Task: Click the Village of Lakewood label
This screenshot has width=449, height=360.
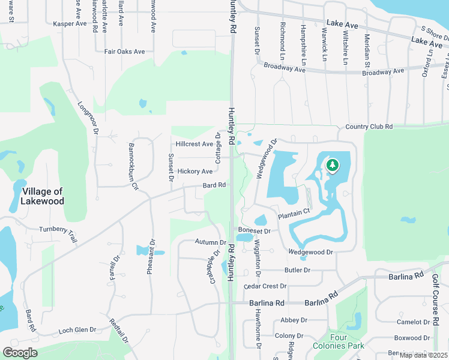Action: (x=43, y=196)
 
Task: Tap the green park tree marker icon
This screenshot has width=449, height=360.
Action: (x=331, y=164)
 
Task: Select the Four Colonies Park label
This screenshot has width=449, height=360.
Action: (x=339, y=341)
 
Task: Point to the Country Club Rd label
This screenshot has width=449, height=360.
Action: (x=369, y=127)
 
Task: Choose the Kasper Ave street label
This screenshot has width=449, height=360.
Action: (x=70, y=24)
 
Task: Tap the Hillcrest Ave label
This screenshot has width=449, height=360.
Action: (x=194, y=145)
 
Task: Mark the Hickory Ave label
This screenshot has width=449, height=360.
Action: (x=195, y=172)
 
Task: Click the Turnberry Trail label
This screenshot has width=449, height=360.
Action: (x=58, y=233)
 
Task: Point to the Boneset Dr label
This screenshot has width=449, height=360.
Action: (x=255, y=230)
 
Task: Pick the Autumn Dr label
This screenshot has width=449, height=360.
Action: (x=210, y=242)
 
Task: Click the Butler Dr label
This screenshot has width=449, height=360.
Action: (x=297, y=271)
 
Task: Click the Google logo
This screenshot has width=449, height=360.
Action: (x=20, y=352)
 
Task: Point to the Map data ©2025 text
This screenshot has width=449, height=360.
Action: (x=423, y=355)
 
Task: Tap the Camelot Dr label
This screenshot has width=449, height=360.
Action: (x=414, y=322)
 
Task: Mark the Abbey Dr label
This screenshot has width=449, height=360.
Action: (x=294, y=320)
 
